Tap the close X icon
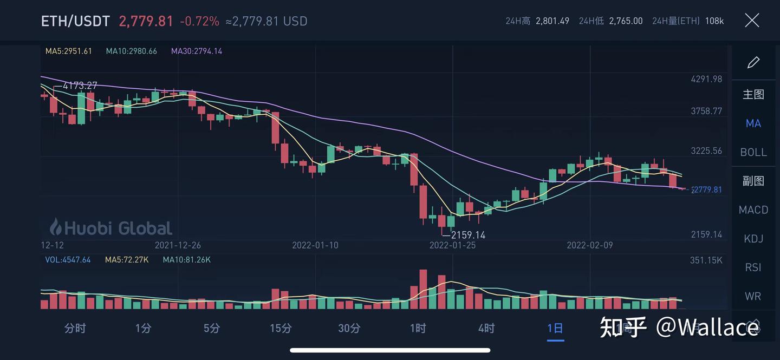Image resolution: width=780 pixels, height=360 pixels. (x=752, y=21)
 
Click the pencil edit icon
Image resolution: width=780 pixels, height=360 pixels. (x=753, y=63)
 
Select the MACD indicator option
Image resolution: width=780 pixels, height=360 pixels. (x=753, y=210)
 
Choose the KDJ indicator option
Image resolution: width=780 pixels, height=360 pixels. (x=753, y=238)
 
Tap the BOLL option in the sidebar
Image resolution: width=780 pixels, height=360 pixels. (x=753, y=152)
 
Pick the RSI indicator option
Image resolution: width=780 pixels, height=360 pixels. (x=753, y=267)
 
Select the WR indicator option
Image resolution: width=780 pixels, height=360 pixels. (x=753, y=296)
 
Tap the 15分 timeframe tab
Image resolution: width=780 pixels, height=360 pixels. (x=281, y=328)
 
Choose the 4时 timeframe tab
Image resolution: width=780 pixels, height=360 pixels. (x=486, y=328)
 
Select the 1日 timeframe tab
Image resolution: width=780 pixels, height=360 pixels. (x=555, y=328)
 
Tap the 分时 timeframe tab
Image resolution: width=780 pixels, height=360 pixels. (x=75, y=328)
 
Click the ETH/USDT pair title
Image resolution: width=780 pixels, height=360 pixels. (x=75, y=21)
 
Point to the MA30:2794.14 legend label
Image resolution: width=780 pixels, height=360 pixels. (x=197, y=51)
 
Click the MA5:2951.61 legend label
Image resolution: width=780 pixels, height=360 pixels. (x=69, y=51)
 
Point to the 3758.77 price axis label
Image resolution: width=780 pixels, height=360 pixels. (x=706, y=111)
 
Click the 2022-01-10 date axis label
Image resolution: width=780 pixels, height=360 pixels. (x=315, y=245)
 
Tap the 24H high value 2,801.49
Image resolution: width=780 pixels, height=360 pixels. (x=552, y=21)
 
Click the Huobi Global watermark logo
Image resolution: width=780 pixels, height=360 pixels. (x=110, y=227)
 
